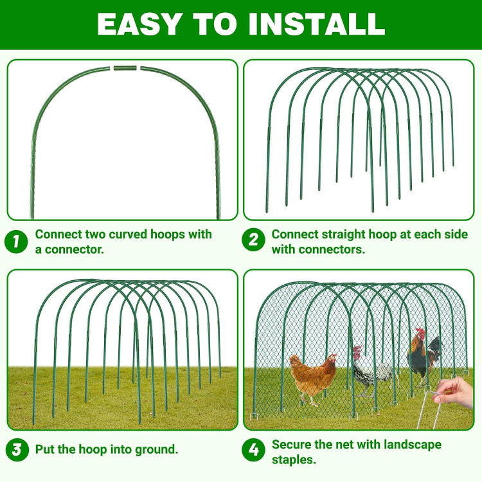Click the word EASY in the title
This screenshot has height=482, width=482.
(138, 24)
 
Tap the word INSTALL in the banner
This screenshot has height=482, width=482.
(317, 24)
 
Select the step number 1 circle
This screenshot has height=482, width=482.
(16, 242)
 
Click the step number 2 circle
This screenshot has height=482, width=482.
(253, 240)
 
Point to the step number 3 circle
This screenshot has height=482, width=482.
(17, 449)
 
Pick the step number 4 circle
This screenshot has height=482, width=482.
(253, 450)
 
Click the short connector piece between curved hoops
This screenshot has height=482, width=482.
(125, 67)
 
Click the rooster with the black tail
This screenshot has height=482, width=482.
(424, 353)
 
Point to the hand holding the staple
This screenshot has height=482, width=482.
(454, 393)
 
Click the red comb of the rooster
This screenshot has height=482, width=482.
(420, 332)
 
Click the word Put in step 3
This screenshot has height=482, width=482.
(45, 449)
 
